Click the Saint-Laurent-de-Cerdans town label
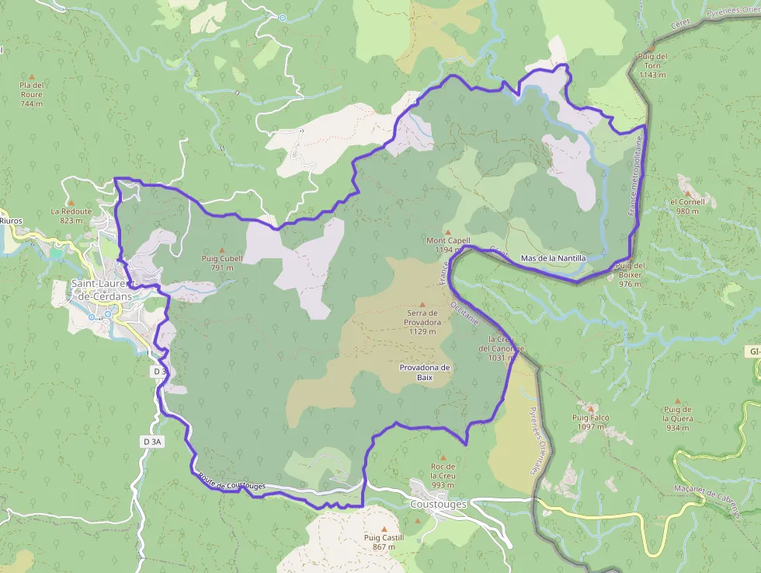click(x=103, y=289)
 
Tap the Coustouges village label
click(x=438, y=504)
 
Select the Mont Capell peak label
click(x=449, y=240)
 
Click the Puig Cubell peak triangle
click(x=222, y=250)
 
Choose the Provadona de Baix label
click(x=424, y=372)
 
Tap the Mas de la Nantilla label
click(x=553, y=257)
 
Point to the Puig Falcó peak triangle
click(x=591, y=408)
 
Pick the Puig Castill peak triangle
click(x=384, y=529)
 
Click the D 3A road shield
click(x=152, y=442)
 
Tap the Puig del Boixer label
click(x=630, y=274)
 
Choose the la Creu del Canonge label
click(x=502, y=348)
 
